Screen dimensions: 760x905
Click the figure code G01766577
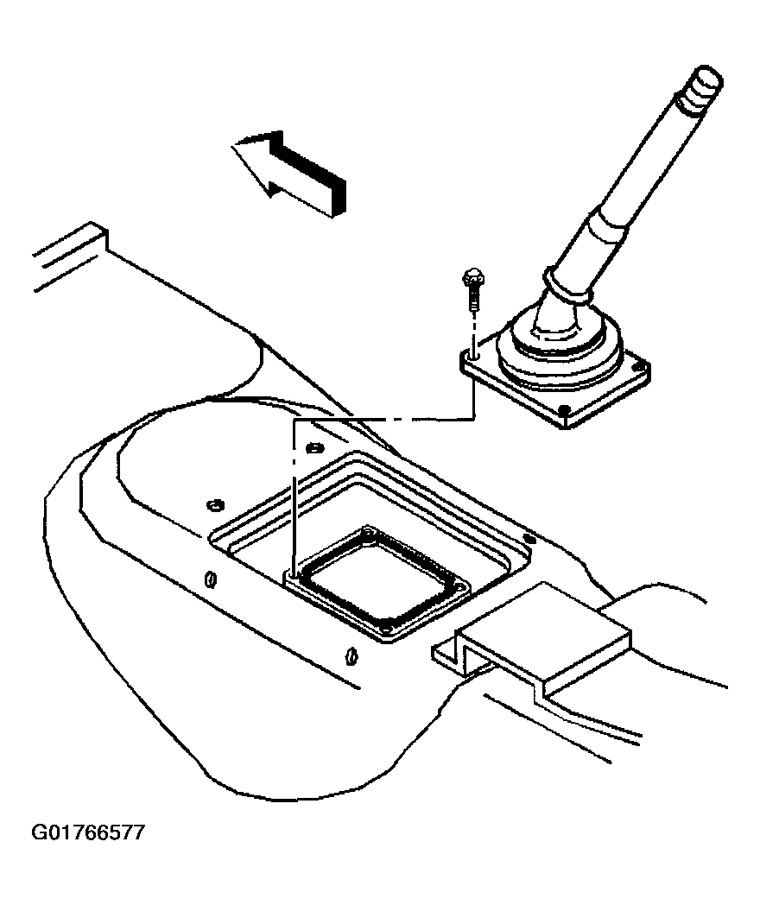88,832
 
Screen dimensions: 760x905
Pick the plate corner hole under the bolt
473,358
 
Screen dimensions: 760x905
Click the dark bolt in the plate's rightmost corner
638,366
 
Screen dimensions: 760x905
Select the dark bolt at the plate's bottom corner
564,410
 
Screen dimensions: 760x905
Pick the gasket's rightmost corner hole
460,586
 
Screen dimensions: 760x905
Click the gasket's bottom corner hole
388,628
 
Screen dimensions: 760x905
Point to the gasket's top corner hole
368,532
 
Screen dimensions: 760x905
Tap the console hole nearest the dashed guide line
313,447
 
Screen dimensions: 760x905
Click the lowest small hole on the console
349,656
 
